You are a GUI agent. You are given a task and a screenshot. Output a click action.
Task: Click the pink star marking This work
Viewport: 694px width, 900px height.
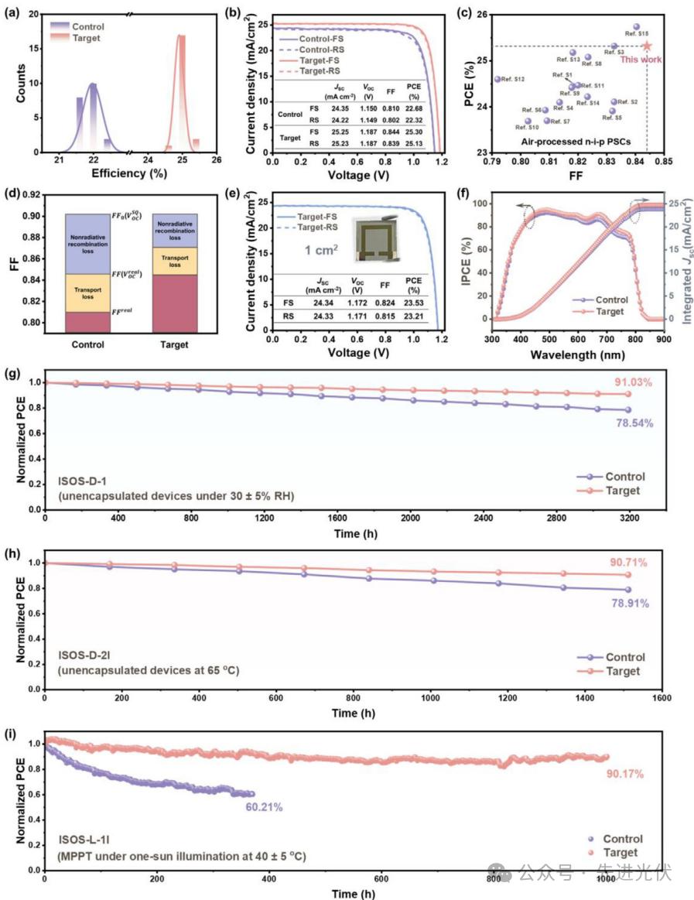[647, 46]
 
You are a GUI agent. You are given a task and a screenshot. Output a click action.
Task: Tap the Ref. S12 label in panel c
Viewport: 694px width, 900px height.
[513, 79]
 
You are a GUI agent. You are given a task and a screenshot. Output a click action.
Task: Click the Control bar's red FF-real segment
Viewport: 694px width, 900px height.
[87, 322]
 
